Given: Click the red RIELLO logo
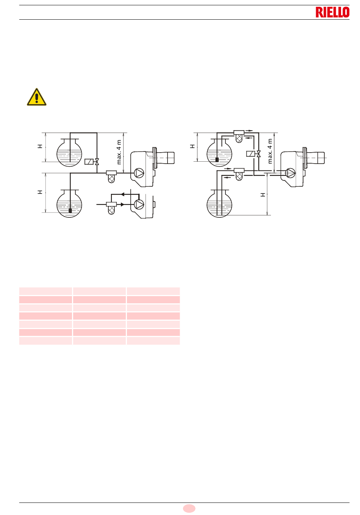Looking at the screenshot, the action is (332, 12).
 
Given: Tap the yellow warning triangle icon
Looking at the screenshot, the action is (37, 97).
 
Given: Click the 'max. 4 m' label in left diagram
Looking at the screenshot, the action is (119, 152).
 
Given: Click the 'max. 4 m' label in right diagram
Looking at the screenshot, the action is (270, 151).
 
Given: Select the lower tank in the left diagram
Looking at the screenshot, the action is (69, 204).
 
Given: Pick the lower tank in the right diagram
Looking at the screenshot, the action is (219, 204).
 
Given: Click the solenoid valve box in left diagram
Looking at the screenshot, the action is (89, 162).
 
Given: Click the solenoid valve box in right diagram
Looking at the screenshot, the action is (250, 154).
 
